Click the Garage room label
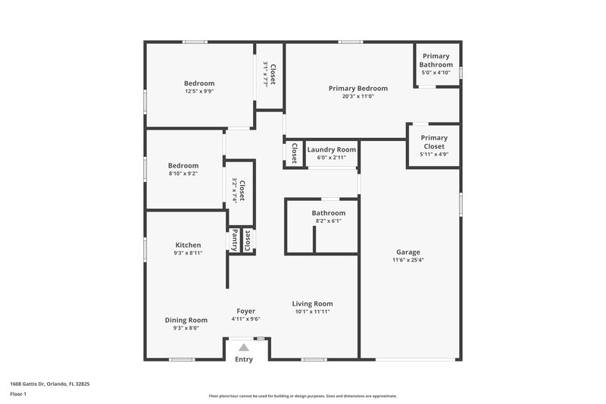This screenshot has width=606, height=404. (x=408, y=252)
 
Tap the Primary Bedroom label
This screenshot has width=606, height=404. (x=358, y=88)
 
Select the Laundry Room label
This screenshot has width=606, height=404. (x=331, y=149)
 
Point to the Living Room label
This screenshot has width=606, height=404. (x=313, y=304)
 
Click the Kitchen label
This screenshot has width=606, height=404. (x=188, y=245)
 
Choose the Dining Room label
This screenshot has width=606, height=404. (x=186, y=320)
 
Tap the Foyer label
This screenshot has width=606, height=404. (x=245, y=311)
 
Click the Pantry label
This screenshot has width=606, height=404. (x=235, y=240)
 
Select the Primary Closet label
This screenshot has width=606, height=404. (x=434, y=142)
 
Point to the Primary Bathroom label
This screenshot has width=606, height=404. (x=436, y=60)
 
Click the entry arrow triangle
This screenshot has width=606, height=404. (x=244, y=346)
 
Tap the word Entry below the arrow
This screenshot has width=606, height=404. (x=244, y=359)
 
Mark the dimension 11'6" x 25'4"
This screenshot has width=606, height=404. (x=408, y=260)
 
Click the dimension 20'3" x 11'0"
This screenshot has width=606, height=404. (x=358, y=96)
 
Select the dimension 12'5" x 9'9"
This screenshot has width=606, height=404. (x=199, y=91)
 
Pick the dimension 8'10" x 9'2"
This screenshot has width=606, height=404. (x=183, y=174)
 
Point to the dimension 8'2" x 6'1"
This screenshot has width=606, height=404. (x=328, y=221)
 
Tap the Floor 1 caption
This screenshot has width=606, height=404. (x=18, y=395)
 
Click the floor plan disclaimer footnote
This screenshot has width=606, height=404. (x=303, y=396)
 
